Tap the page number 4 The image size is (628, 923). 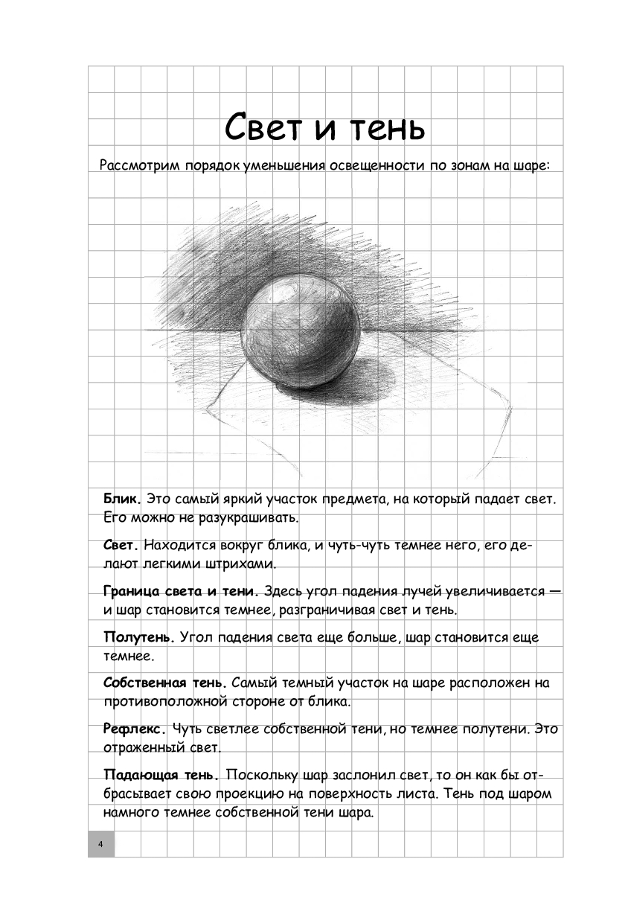100,843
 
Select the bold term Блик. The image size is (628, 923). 122,497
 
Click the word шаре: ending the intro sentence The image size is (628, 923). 529,165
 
